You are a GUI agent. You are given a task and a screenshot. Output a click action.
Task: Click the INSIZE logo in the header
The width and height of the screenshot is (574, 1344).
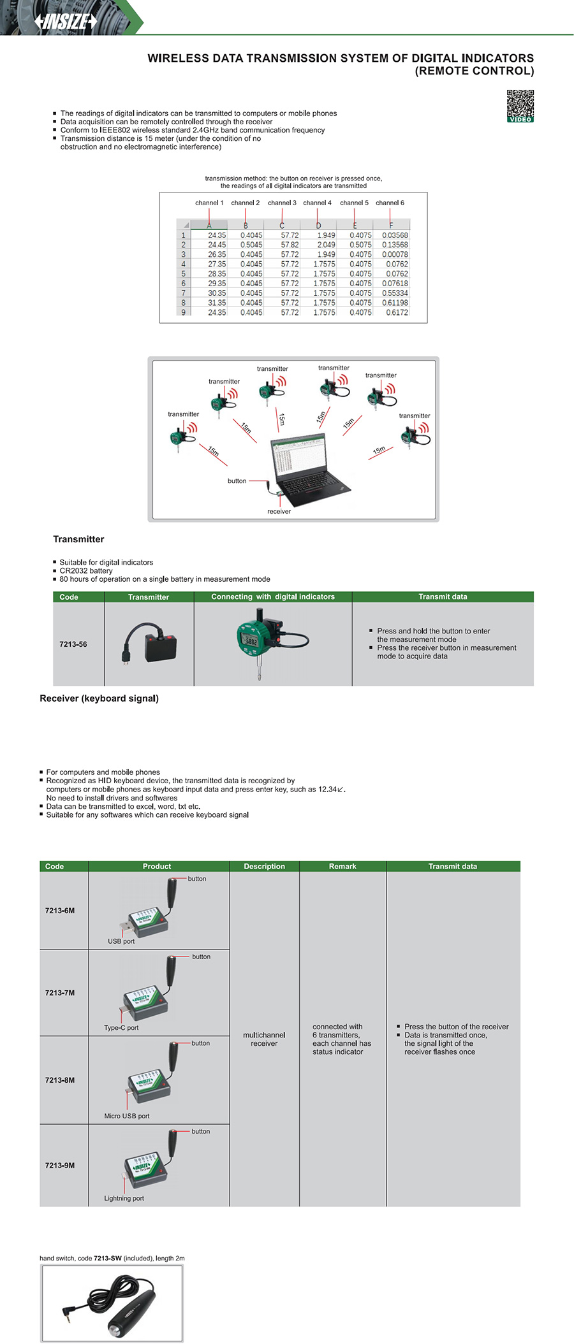coord(66,21)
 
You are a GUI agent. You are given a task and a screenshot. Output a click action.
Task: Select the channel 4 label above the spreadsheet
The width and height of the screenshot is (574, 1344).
coord(317,203)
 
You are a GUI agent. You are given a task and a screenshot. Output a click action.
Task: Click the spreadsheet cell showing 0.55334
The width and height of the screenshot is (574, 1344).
coord(395,293)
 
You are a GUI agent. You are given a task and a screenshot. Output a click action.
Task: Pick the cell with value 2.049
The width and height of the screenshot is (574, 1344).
coord(326,245)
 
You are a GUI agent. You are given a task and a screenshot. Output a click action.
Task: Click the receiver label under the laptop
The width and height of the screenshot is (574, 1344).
coord(279,511)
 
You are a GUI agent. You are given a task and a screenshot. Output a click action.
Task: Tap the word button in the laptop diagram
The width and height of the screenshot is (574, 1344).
coord(237,481)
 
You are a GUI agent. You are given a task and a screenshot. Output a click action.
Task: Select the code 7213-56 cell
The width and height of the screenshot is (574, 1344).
coord(73,644)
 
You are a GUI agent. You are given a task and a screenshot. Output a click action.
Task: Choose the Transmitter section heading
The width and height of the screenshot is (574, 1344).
coord(78,539)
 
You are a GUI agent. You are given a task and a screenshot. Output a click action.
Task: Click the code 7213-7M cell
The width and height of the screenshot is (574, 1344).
coord(60,993)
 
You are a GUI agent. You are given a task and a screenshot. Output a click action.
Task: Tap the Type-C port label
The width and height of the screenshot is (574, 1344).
coord(121,1028)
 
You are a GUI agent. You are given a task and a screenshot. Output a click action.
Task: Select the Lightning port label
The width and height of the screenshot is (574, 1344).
coord(124,1198)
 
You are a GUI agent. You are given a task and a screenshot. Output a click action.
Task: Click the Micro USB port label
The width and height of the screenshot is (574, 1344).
coord(127,1116)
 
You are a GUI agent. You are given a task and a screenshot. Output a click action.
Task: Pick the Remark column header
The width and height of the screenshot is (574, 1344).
coord(342,866)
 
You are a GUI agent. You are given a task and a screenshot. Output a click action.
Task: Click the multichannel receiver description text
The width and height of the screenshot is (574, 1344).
coord(264,1039)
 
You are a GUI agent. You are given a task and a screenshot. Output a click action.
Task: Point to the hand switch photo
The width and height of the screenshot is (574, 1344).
coord(112,1303)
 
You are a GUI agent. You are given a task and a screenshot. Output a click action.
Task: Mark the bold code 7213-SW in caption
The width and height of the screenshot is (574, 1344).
coord(107,1258)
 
